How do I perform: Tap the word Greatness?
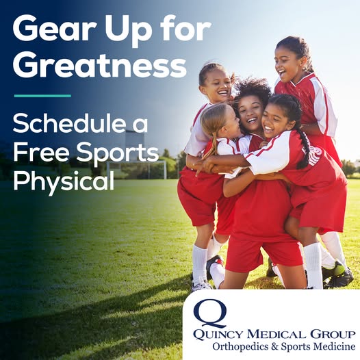point(99,66)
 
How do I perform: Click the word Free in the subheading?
point(41,152)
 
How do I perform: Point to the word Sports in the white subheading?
point(118,154)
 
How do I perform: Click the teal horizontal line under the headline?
point(42,96)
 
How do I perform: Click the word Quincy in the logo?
point(220,335)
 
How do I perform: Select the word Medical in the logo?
point(278,334)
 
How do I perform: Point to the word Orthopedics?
point(241,347)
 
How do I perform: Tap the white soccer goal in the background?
point(138,170)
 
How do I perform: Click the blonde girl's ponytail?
point(214,147)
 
